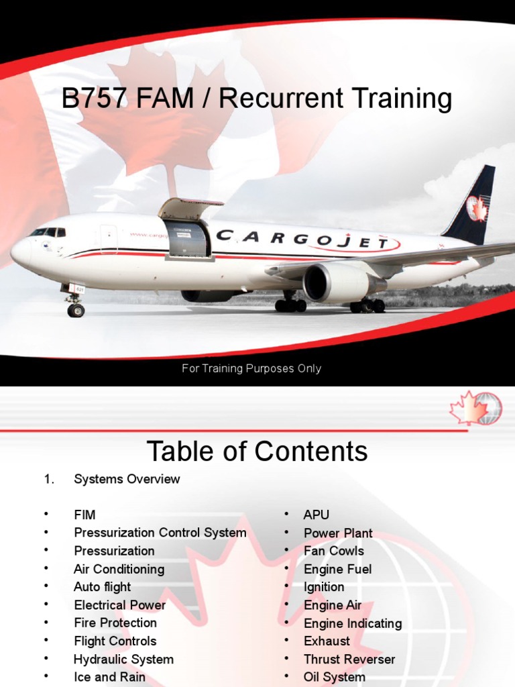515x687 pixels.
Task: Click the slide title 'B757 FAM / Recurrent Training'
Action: pos(257,99)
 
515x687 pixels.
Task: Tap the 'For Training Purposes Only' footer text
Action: pos(251,368)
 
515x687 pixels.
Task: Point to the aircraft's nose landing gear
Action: pos(74,303)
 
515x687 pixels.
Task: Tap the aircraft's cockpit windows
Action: pos(48,232)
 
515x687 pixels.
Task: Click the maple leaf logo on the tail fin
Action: pos(477,208)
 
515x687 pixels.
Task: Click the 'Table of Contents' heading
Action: pos(257,451)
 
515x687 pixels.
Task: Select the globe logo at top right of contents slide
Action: pos(477,409)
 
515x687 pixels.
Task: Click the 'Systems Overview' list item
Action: pos(127,479)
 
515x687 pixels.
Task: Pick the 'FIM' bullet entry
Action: pos(84,515)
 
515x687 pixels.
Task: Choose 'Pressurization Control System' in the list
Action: pos(160,533)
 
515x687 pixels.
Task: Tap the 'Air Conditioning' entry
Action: pos(119,569)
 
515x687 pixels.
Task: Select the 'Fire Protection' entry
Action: pos(115,623)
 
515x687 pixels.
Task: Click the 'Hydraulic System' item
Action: pos(123,659)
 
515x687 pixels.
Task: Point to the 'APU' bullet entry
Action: pos(317,515)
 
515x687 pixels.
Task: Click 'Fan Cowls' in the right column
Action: pos(333,551)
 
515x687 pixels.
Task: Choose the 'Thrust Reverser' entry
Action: pos(349,659)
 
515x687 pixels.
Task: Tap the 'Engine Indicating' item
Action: pos(353,623)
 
